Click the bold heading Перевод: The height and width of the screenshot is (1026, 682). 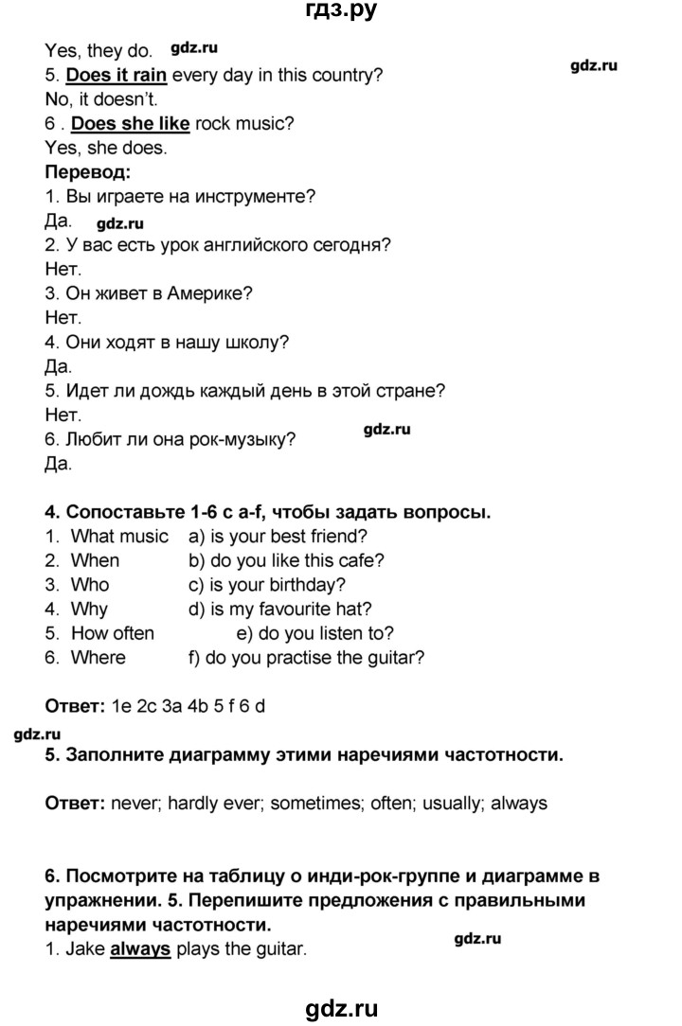tap(88, 173)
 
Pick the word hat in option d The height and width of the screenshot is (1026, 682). tap(349, 609)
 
